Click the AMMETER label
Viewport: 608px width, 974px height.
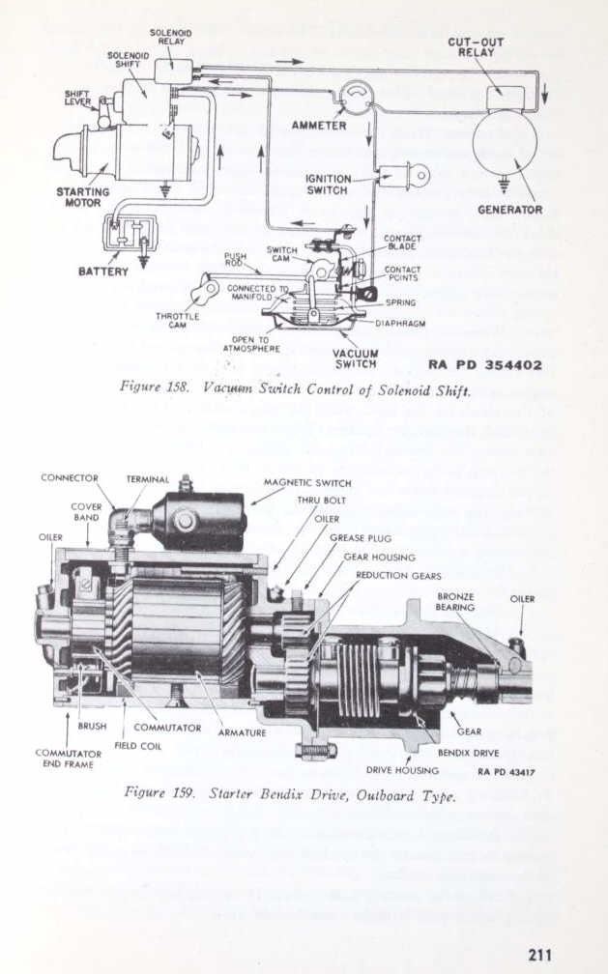(x=319, y=126)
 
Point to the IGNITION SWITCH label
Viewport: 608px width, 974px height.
(x=327, y=185)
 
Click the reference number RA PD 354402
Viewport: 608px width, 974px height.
(x=484, y=365)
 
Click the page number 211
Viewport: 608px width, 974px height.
(x=539, y=955)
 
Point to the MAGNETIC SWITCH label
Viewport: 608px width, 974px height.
(x=307, y=482)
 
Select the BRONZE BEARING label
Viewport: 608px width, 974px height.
(x=455, y=602)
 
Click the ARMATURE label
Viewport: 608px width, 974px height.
(x=242, y=732)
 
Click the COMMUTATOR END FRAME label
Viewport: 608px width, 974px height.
(x=69, y=759)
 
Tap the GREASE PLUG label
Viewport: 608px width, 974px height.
(x=360, y=537)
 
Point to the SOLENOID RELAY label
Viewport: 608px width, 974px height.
(x=169, y=38)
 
